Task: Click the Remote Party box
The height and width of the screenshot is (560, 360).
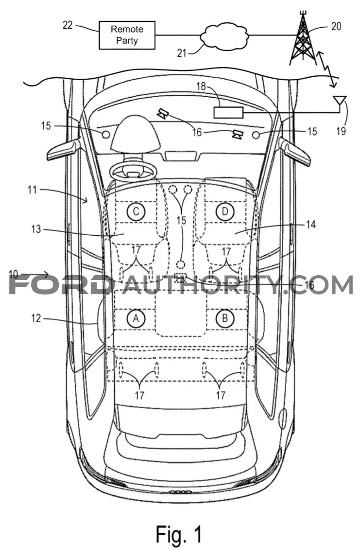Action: point(127,35)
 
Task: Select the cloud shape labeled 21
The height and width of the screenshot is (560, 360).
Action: point(224,35)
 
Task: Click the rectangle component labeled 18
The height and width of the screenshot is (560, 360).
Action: point(228,112)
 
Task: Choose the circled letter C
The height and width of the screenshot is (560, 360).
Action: point(136,212)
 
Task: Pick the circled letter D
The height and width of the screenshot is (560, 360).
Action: point(225,212)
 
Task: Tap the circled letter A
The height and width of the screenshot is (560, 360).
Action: point(136,318)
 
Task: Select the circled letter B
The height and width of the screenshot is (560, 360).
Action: point(225,318)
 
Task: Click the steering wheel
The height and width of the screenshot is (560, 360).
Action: point(133,171)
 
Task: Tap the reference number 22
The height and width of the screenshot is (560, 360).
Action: point(68,25)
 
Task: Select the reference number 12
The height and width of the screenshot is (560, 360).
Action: point(36,318)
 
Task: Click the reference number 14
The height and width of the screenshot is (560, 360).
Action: point(311,224)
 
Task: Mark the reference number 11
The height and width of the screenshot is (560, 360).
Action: point(33,190)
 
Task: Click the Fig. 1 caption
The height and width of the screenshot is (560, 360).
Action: point(179,535)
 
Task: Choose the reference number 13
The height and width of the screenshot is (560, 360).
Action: point(36,229)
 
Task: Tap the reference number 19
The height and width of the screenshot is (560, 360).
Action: point(341,131)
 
